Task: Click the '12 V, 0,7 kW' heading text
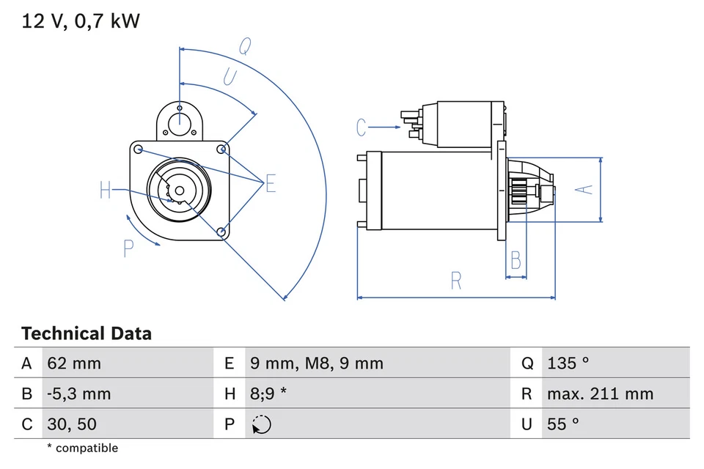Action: pos(81,21)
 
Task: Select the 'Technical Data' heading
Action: pos(87,334)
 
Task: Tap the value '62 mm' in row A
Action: pos(73,363)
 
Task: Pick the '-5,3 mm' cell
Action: pos(78,394)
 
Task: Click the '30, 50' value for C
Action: pos(71,424)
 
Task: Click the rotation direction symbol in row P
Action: pos(260,424)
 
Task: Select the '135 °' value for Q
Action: pos(568,363)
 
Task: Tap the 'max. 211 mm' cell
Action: pos(600,394)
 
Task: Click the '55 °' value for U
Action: pos(563,424)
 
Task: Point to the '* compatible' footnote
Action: pos(82,448)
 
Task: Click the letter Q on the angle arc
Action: pos(245,46)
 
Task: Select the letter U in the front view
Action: pos(230,77)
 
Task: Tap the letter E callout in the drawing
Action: pos(271,184)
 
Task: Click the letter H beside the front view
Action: pos(106,191)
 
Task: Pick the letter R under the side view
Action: pos(456,280)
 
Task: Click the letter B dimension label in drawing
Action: pos(516,260)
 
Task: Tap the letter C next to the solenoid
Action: pos(361,128)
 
